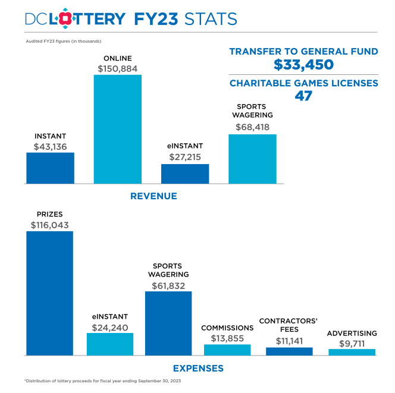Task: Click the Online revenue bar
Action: (118, 128)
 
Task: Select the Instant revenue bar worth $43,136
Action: (50, 168)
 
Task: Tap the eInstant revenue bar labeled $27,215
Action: (185, 174)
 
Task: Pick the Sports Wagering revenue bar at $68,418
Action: (252, 158)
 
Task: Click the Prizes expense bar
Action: (49, 293)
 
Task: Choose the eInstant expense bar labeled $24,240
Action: (110, 344)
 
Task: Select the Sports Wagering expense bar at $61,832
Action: (168, 323)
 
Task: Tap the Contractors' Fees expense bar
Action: (289, 351)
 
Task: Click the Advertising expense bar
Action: (352, 352)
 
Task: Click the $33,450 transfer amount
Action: (303, 65)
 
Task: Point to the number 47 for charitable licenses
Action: (303, 96)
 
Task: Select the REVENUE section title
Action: (153, 196)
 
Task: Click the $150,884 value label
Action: (118, 68)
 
